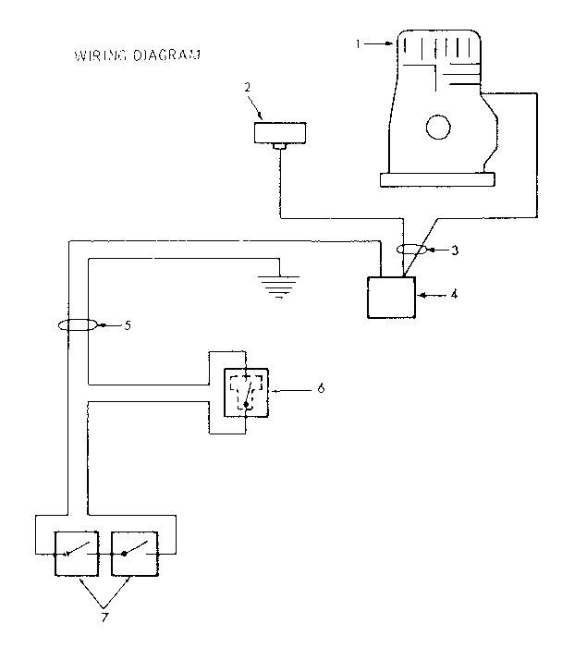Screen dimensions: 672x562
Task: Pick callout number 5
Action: [128, 325]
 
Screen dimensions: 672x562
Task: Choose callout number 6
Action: [321, 388]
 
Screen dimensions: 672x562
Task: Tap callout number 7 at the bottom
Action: [104, 617]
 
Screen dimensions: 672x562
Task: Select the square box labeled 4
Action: [392, 297]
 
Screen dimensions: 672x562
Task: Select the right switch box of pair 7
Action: [136, 553]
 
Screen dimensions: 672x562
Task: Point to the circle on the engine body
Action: [438, 128]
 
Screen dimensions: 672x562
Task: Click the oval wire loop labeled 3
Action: [408, 250]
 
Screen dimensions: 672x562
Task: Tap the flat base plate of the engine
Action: [436, 177]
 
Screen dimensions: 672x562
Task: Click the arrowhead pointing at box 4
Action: [424, 296]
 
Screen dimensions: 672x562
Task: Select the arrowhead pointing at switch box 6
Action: [275, 389]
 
